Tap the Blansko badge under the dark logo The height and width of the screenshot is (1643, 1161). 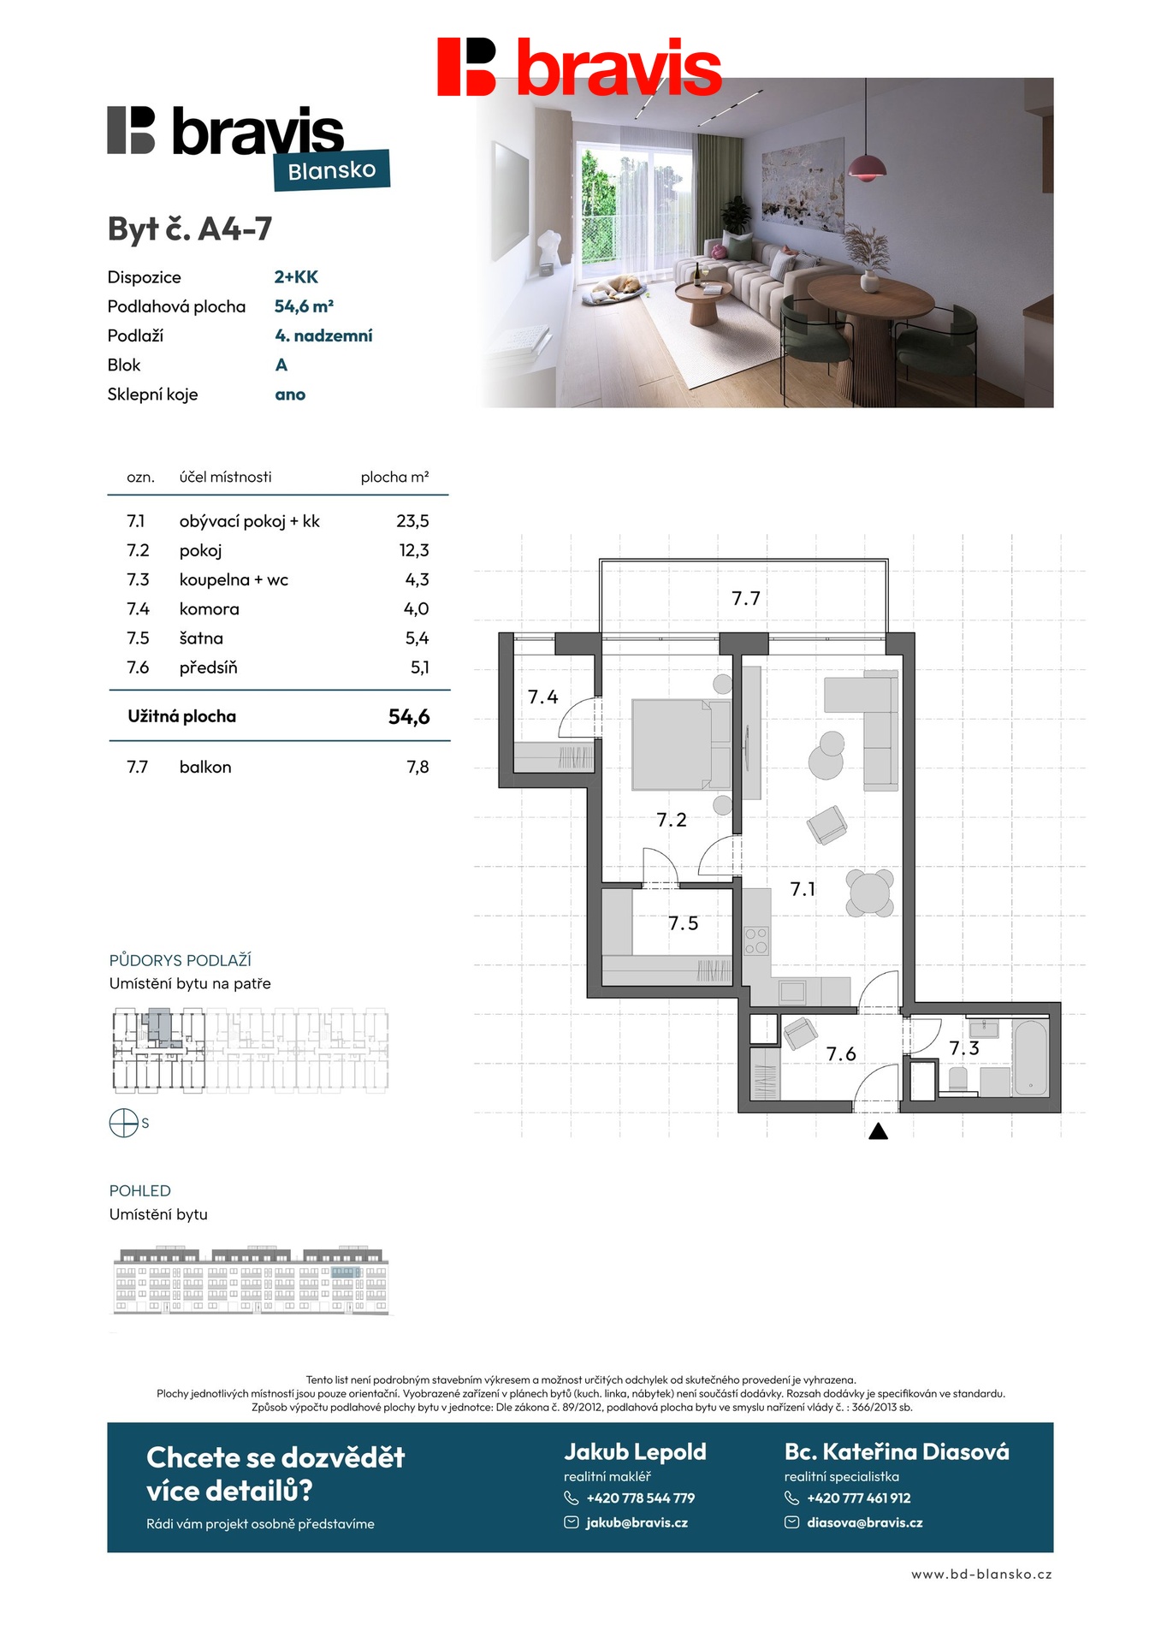pos(332,170)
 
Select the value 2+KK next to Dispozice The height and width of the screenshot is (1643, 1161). pos(296,277)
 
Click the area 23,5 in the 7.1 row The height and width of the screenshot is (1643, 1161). pos(412,521)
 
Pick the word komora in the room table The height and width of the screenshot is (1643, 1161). pos(210,609)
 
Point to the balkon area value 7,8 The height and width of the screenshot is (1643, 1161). pos(418,768)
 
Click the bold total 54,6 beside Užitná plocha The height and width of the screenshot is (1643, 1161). pos(409,717)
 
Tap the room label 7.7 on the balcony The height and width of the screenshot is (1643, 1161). pos(746,599)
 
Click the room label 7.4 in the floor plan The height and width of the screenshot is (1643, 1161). pos(542,697)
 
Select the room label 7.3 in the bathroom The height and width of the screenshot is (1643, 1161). pos(964,1048)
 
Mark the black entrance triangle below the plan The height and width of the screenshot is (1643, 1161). pos(878,1132)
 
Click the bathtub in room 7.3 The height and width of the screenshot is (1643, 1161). pos(1030,1059)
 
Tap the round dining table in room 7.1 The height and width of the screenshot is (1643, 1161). pos(869,893)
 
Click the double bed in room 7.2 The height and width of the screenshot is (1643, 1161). pos(679,744)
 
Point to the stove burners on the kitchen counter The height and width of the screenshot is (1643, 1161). pos(756,940)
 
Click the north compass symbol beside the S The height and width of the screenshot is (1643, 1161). pos(124,1123)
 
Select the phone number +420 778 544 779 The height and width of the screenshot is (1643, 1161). pos(640,1498)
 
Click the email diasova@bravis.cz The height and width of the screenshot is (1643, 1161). pos(864,1523)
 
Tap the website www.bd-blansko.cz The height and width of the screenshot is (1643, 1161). pos(981,1575)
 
